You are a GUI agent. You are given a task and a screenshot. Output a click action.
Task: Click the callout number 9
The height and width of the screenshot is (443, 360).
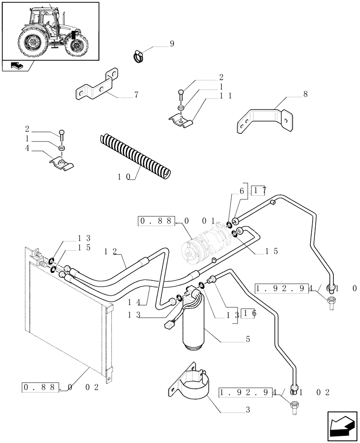tap(172, 44)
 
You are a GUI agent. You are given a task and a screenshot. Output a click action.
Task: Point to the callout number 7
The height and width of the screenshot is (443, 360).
tap(136, 95)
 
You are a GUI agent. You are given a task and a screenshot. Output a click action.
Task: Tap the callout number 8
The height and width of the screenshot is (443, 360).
tap(305, 94)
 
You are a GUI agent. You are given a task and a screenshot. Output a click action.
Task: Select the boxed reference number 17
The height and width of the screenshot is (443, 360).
tap(258, 191)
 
